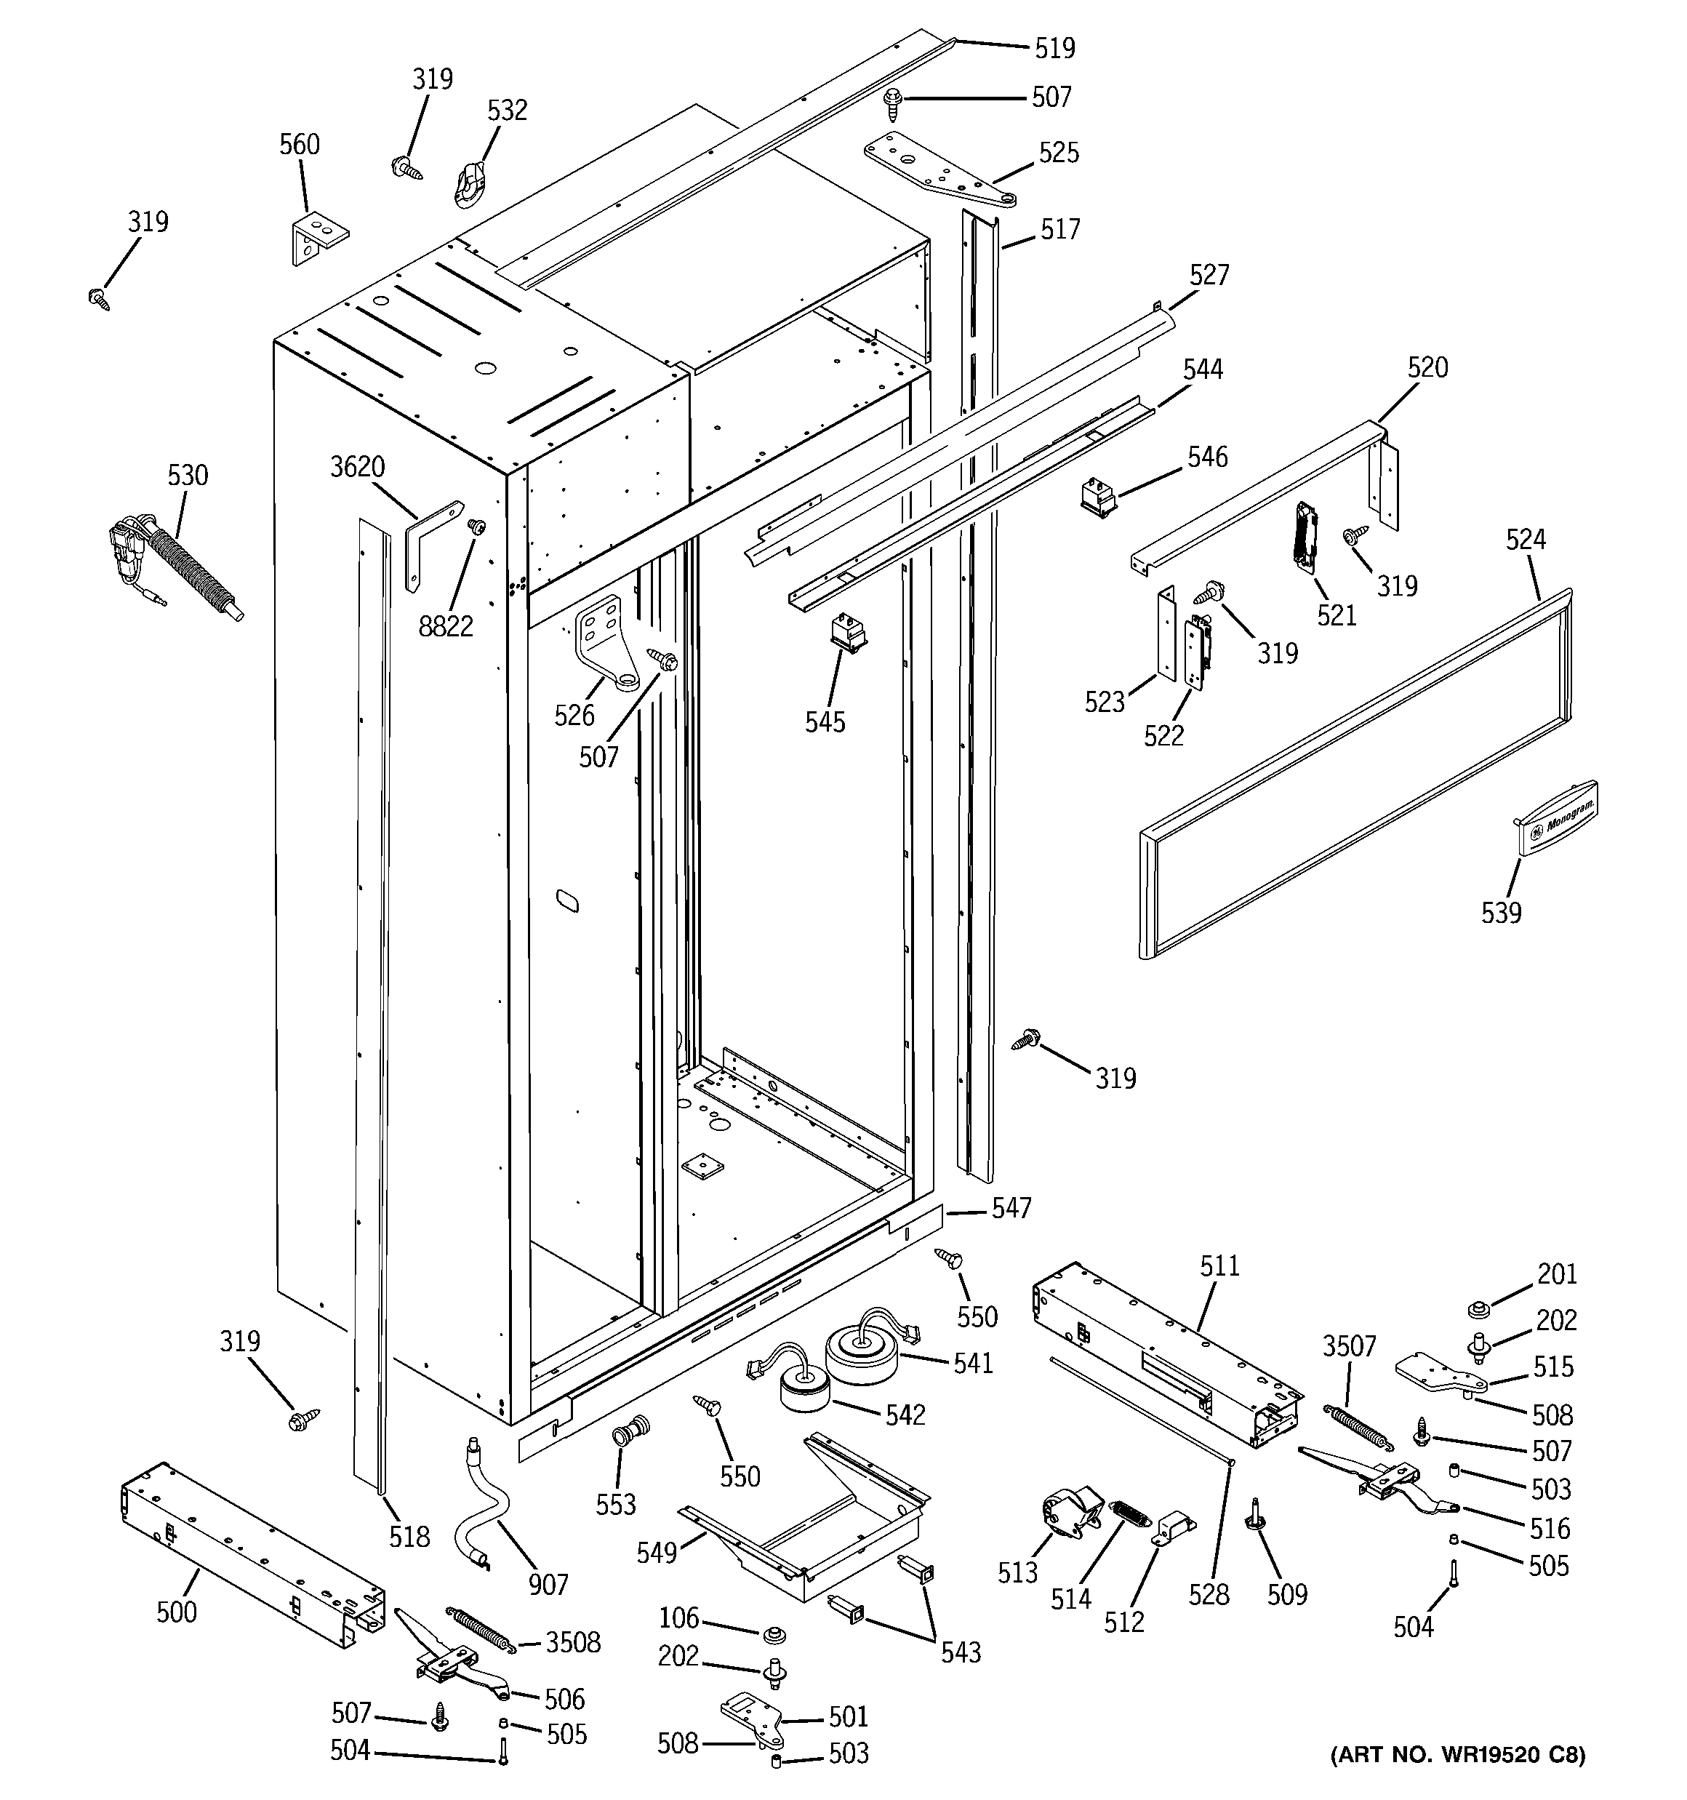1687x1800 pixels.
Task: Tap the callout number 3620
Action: pyautogui.click(x=357, y=466)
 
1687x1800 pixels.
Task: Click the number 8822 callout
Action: pyautogui.click(x=446, y=625)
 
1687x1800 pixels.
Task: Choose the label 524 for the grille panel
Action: pyautogui.click(x=1525, y=540)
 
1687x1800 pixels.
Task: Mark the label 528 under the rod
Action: pyautogui.click(x=1209, y=1594)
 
